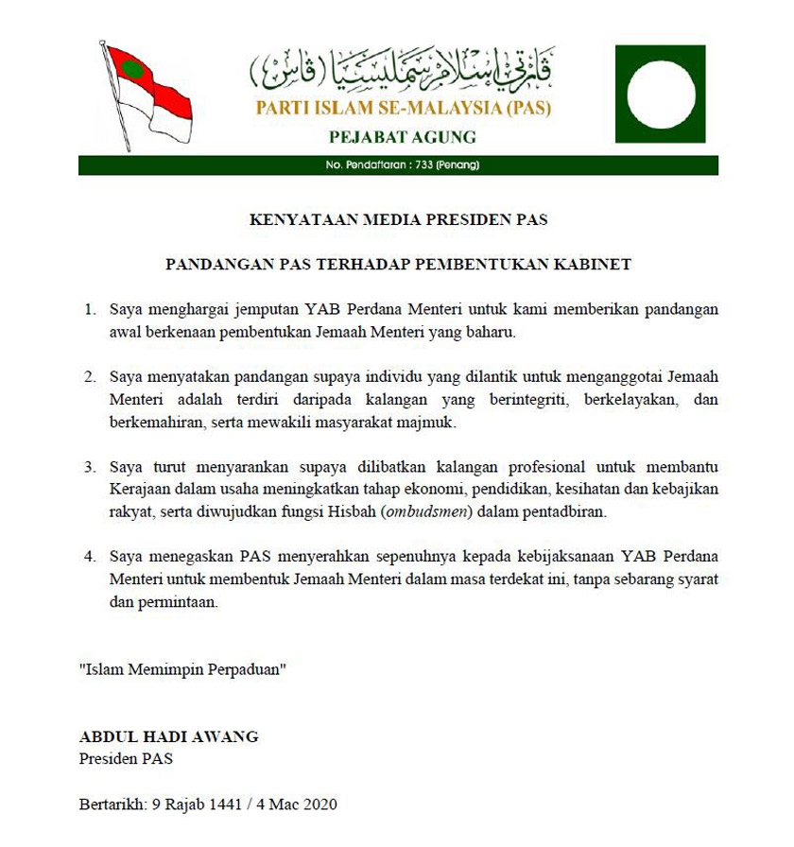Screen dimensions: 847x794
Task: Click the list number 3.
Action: (90, 467)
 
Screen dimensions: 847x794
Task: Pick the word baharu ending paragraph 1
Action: (492, 333)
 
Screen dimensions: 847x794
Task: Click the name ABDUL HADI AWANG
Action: (168, 736)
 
